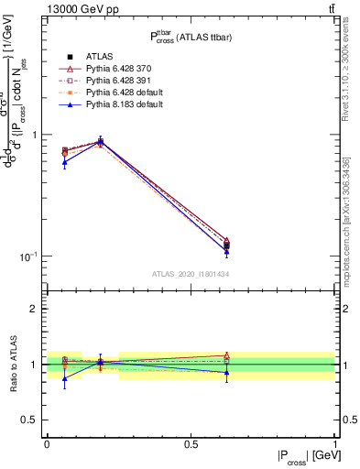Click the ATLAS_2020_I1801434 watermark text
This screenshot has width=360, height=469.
190,274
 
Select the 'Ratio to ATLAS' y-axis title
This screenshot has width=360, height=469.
12,365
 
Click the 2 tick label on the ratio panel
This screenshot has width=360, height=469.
33,309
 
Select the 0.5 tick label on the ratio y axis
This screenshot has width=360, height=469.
28,420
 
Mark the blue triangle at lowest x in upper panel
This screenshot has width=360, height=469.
64,162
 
